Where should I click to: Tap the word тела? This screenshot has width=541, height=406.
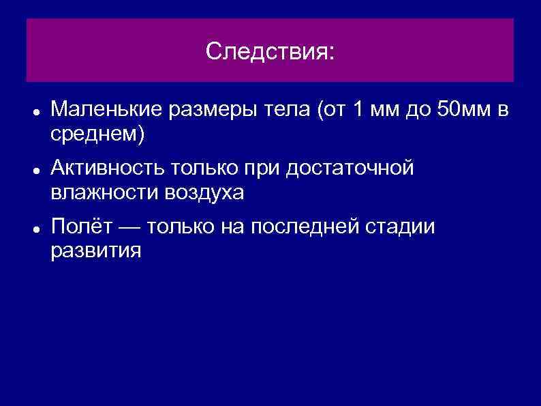tap(290, 109)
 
